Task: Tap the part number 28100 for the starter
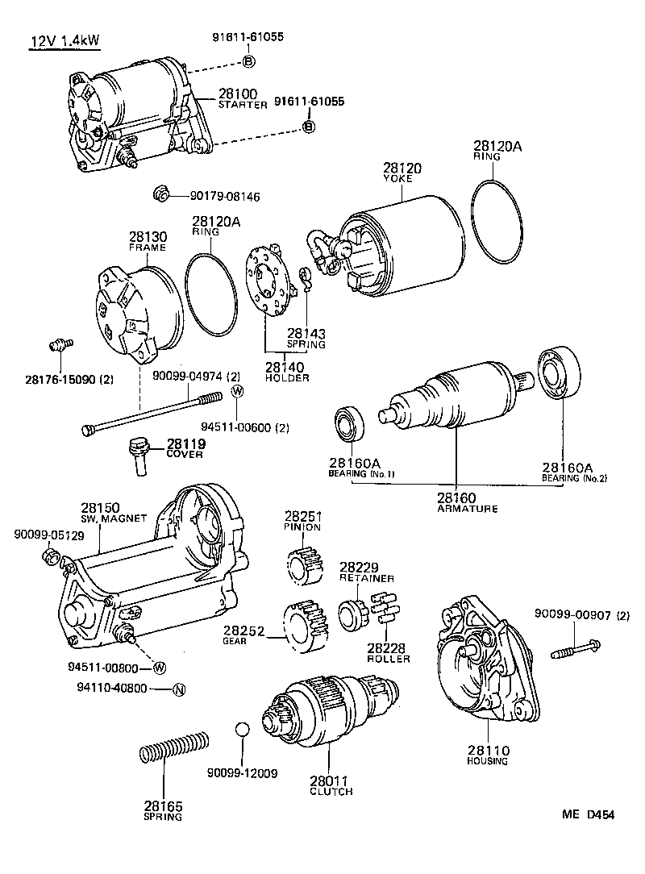click(237, 94)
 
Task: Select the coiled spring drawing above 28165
click(175, 747)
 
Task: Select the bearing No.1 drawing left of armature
click(350, 425)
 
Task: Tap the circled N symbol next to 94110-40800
click(180, 689)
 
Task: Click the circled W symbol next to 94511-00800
click(160, 667)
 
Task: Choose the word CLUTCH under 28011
click(331, 791)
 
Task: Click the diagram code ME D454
click(588, 814)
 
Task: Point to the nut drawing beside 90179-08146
click(160, 194)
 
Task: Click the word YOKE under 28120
click(397, 178)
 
